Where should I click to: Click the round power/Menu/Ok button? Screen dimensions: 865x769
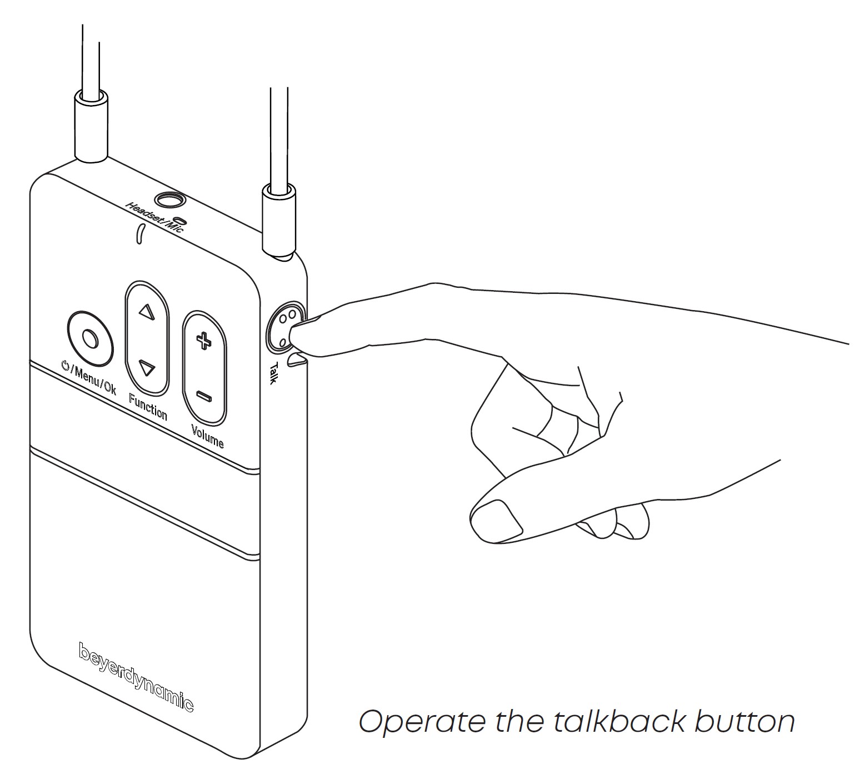point(90,338)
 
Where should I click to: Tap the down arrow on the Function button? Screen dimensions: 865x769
point(147,368)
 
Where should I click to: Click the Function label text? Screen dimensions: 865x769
point(148,406)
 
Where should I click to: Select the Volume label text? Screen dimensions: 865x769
point(207,436)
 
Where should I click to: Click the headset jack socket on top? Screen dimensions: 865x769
point(169,199)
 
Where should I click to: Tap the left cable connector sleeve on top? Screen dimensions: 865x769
point(91,128)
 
